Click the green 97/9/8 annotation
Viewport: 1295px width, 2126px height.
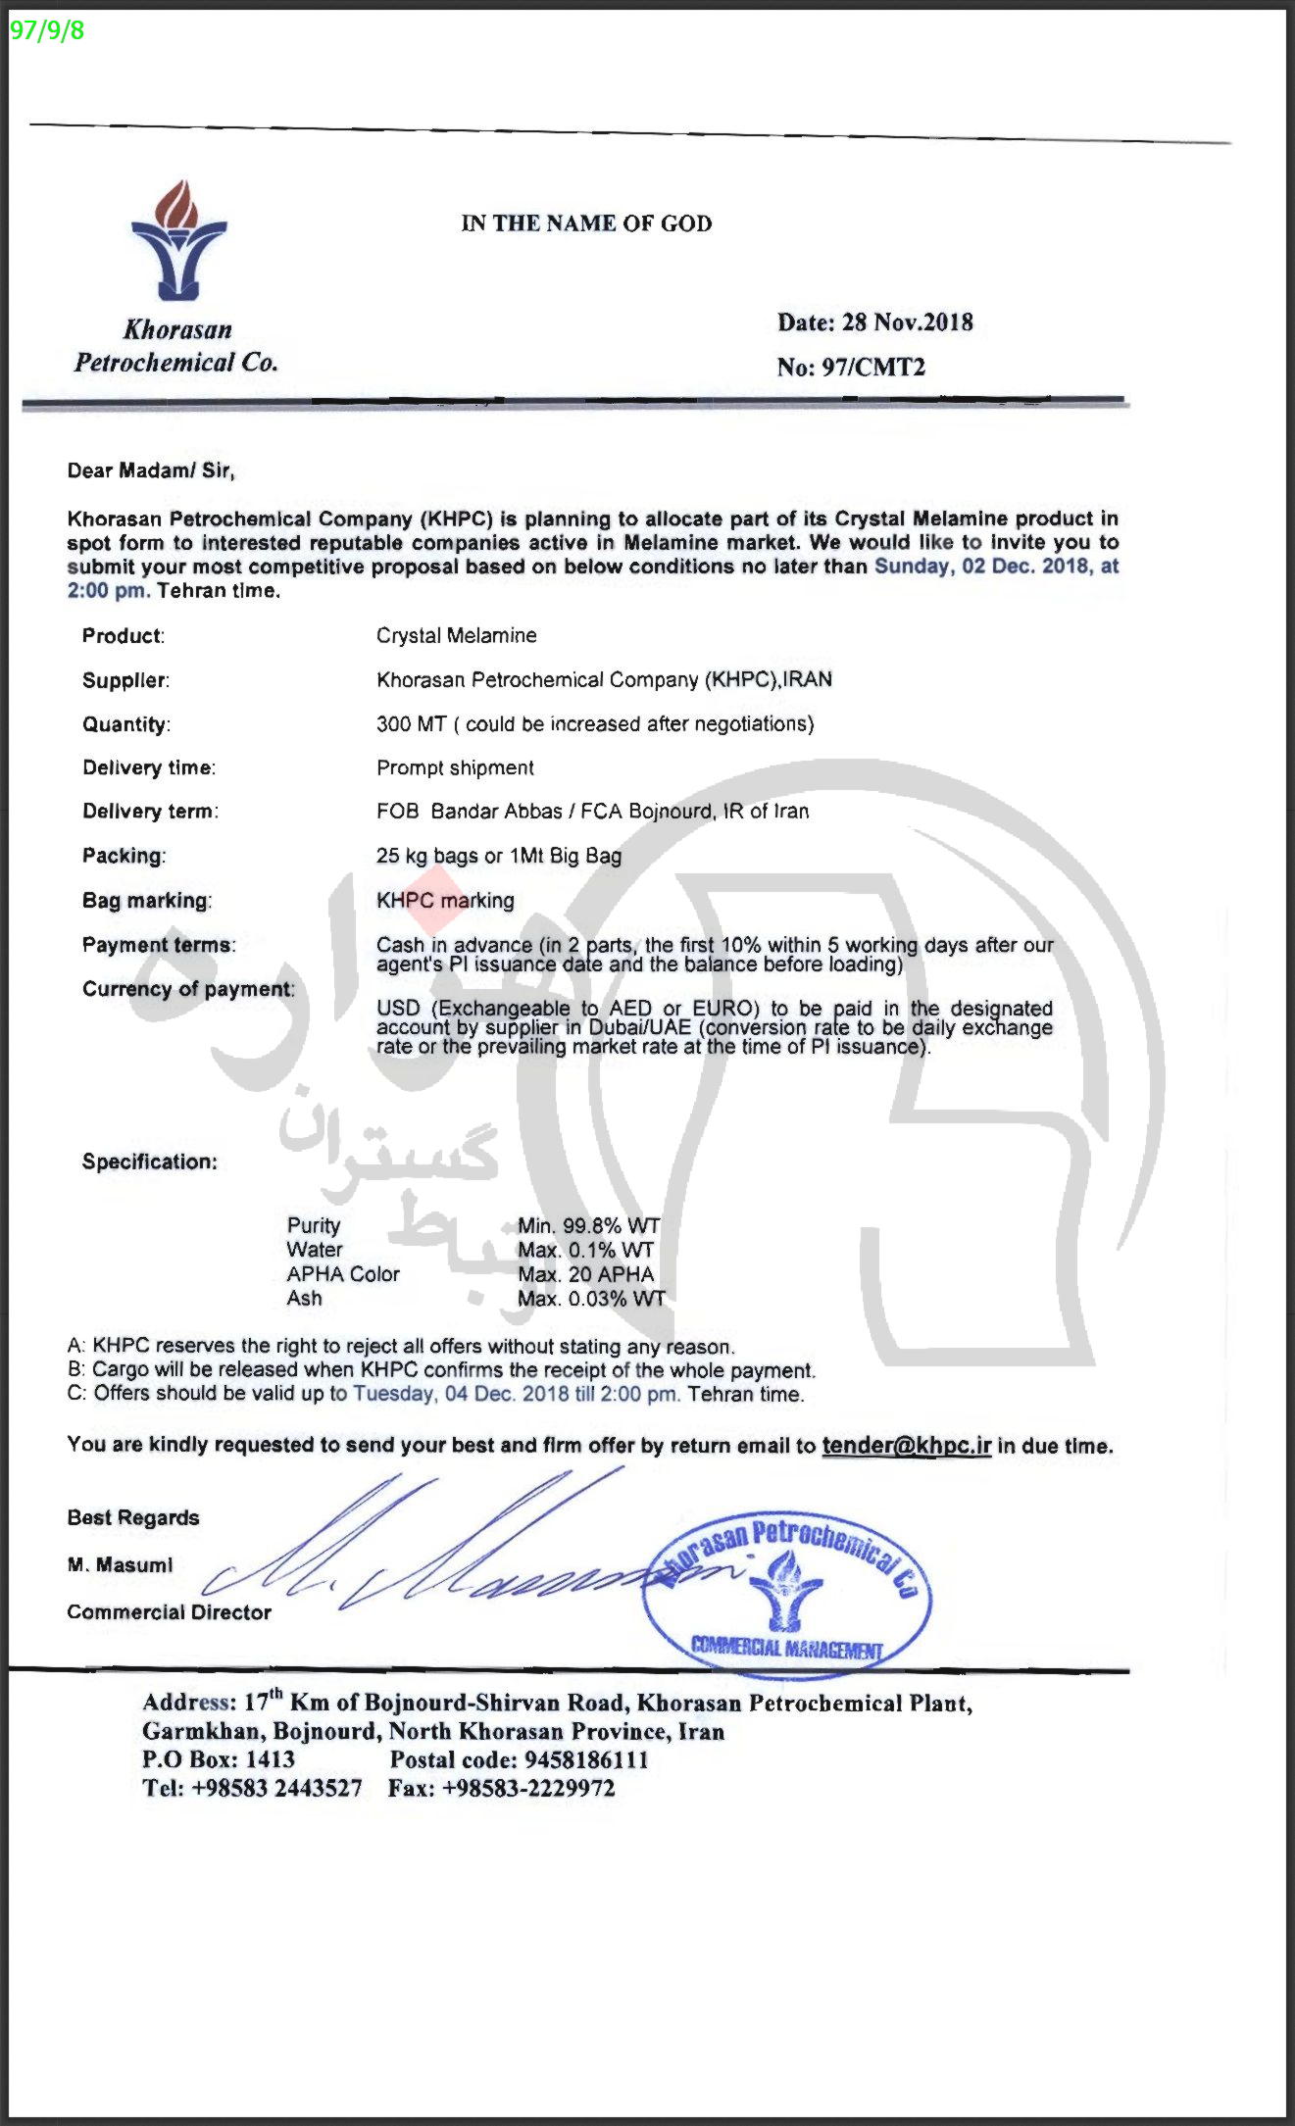47,30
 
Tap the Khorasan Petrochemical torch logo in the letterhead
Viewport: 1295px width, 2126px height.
178,241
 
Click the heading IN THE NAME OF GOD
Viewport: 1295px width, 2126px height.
586,223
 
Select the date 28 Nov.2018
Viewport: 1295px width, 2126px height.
907,322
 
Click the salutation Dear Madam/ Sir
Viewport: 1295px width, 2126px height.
151,470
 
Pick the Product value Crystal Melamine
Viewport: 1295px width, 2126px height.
456,635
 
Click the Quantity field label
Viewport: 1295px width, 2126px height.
125,724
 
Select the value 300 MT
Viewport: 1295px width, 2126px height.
411,724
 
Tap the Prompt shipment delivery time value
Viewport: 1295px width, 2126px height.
455,767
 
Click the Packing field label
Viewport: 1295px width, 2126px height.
124,856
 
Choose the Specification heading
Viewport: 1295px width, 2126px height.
149,1162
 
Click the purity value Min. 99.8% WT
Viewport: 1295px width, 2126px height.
588,1225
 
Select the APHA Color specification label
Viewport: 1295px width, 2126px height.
343,1274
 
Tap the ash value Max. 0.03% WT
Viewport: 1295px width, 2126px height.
591,1299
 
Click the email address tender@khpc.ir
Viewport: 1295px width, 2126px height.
906,1446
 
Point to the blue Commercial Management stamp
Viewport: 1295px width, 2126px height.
786,1586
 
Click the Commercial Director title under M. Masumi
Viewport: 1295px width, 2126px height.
169,1612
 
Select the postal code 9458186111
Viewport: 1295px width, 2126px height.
585,1759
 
